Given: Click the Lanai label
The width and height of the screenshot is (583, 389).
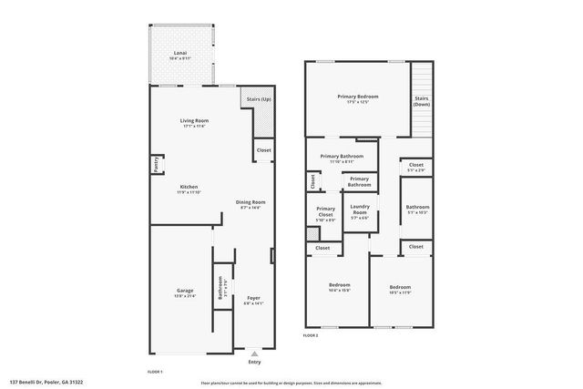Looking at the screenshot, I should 180,55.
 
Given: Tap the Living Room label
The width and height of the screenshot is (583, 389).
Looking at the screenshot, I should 193,121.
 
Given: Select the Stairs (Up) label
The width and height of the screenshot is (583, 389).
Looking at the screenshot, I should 257,97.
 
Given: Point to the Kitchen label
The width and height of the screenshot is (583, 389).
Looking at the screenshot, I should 189,189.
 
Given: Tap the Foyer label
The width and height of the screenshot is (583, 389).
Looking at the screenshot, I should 254,299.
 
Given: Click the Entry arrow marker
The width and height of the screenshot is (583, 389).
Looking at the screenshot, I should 254,353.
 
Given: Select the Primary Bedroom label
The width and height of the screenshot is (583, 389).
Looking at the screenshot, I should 357,97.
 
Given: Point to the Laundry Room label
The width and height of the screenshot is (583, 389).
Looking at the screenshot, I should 359,211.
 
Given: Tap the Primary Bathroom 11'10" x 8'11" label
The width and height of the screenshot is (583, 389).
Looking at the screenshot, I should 342,159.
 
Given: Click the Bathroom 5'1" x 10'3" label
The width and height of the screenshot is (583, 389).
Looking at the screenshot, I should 417,210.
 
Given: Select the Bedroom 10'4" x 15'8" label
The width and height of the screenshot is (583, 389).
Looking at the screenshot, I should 339,287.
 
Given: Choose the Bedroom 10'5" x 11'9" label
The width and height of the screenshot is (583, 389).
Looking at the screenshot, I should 400,289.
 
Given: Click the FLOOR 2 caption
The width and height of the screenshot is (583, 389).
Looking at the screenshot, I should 312,336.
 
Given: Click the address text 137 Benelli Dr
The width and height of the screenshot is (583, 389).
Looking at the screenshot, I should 46,383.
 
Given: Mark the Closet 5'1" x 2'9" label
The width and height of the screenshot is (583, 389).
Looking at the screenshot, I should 416,168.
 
